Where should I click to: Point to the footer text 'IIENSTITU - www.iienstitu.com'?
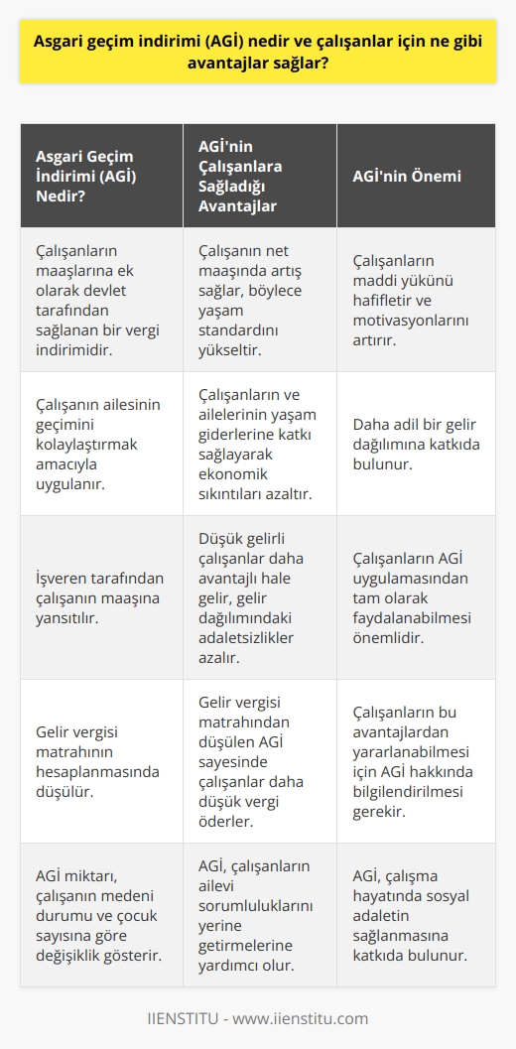click(258, 1018)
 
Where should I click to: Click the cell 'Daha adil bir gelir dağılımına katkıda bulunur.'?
click(416, 444)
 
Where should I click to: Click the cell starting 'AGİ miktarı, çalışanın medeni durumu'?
click(93, 915)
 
